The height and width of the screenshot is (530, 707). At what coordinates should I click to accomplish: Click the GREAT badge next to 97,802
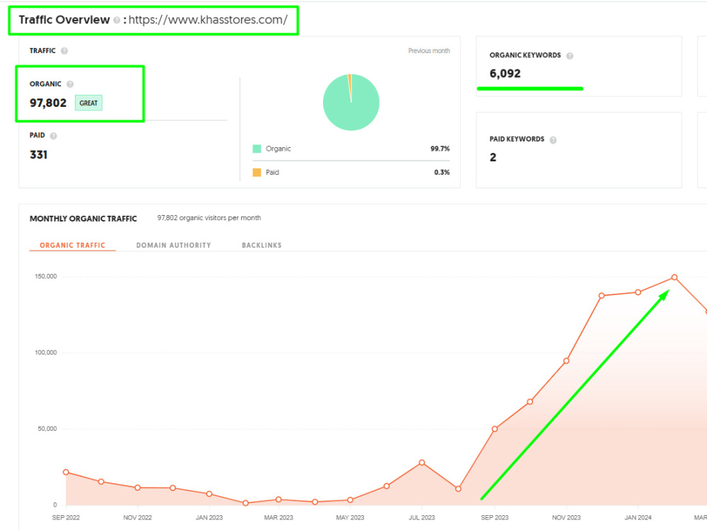click(x=88, y=103)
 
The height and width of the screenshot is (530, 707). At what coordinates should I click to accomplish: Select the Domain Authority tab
click(x=174, y=245)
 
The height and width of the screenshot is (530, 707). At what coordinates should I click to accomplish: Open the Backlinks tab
click(x=262, y=245)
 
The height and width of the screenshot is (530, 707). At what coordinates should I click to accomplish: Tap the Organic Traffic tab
click(x=72, y=245)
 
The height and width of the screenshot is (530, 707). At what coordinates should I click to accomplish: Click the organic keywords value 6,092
click(x=505, y=74)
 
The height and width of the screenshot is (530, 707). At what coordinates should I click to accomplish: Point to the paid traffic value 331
click(x=38, y=155)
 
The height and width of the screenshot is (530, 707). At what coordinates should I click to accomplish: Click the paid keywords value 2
click(x=493, y=157)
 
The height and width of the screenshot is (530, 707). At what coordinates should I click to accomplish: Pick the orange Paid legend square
click(x=257, y=172)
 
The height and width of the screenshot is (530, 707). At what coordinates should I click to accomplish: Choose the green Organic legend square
click(x=257, y=149)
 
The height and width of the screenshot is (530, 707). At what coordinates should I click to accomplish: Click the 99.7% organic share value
click(x=440, y=149)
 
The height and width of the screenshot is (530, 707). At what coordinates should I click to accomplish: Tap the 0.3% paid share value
click(x=442, y=172)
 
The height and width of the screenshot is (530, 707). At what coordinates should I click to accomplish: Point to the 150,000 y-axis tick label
click(x=46, y=276)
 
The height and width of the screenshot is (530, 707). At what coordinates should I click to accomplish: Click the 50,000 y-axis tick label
click(x=47, y=428)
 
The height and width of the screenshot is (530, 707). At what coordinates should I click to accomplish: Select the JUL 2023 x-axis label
click(x=421, y=517)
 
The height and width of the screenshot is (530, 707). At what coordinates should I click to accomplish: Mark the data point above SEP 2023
click(x=495, y=429)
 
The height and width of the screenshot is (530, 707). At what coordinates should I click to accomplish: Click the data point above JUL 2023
click(x=421, y=462)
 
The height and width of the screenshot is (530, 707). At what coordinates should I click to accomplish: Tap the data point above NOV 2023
click(x=566, y=361)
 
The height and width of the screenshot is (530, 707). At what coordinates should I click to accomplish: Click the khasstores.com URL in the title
click(x=208, y=20)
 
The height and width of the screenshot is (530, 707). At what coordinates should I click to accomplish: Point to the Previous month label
click(x=429, y=50)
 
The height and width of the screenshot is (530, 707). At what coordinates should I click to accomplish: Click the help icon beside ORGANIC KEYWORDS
click(x=569, y=56)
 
